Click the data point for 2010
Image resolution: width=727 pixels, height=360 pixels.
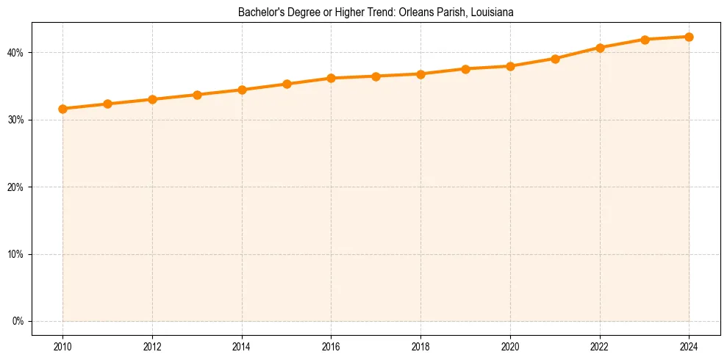point(62,109)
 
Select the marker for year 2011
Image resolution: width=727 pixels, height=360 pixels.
point(107,104)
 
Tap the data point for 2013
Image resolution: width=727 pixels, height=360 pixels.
point(197,95)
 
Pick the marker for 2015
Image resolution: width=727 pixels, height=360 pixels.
point(287,84)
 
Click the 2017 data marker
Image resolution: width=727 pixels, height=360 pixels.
point(376,76)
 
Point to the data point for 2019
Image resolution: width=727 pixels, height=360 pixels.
point(465,69)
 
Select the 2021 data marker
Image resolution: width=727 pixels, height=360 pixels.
point(555,59)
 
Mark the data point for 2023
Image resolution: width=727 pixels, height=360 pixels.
point(645,40)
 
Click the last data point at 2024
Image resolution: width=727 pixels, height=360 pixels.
point(689,37)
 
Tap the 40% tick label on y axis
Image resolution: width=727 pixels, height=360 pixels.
point(15,53)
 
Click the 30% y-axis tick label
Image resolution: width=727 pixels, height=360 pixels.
point(15,120)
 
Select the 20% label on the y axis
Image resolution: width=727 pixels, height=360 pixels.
point(15,187)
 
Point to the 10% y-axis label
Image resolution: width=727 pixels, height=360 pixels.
point(15,254)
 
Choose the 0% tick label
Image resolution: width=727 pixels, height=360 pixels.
point(18,321)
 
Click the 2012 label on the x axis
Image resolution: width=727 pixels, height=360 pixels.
point(152,346)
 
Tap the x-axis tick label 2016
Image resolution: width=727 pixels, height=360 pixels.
point(331,346)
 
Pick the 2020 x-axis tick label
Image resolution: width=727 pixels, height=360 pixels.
point(510,346)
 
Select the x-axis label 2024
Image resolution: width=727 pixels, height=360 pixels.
point(689,346)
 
